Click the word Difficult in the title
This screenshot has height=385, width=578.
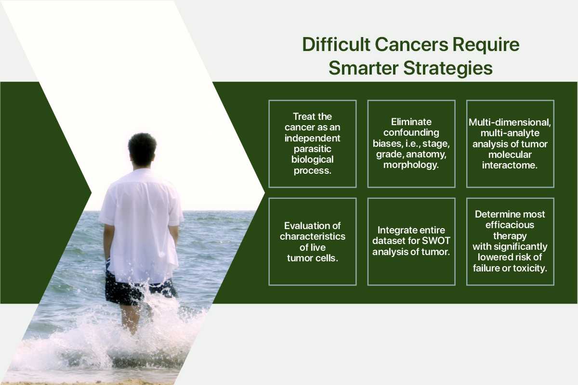pos(336,45)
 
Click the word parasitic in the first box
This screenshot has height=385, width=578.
pos(313,149)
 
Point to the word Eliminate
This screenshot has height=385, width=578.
pos(411,122)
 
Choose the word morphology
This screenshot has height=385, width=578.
pos(411,165)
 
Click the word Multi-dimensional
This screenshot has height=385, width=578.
pos(510,123)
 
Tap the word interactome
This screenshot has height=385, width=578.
pos(510,165)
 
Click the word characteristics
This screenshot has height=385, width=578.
pos(313,236)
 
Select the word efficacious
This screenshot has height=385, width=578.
pos(510,225)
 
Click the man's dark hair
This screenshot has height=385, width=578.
pos(142,148)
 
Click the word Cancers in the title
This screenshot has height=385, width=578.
pos(411,45)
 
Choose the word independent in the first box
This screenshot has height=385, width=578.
pos(313,139)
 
